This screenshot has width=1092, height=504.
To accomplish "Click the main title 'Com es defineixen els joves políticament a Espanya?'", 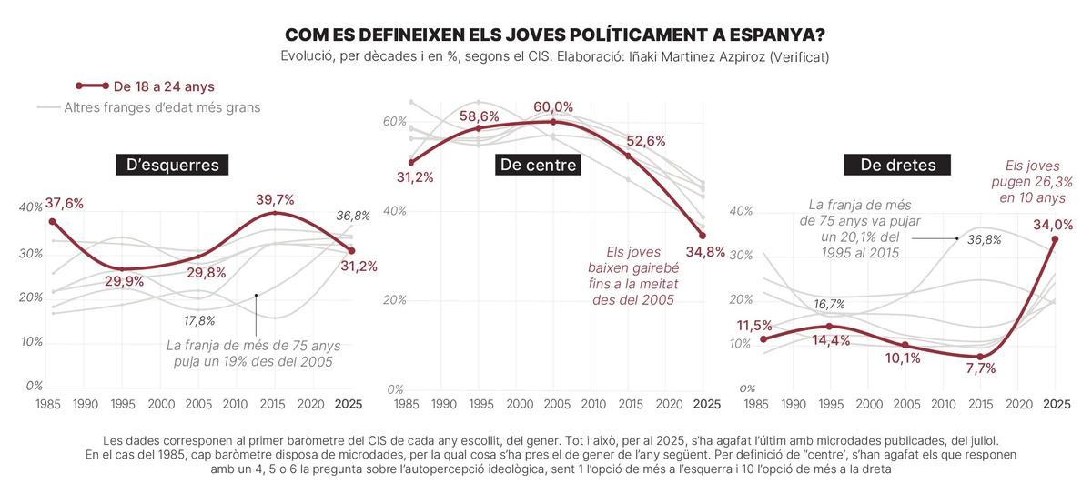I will (554, 35).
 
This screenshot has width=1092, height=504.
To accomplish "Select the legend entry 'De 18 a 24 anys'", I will (164, 86).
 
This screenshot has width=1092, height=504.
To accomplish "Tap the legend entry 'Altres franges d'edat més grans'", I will (162, 107).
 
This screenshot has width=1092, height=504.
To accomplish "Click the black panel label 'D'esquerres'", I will (172, 165).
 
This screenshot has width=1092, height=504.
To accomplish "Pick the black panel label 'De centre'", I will (538, 165).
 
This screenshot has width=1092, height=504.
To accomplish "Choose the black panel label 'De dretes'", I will (897, 165).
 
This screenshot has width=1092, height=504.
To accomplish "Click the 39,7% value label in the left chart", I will (275, 199).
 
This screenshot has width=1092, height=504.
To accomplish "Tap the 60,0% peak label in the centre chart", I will (553, 107).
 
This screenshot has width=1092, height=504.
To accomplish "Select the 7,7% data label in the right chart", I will (980, 368).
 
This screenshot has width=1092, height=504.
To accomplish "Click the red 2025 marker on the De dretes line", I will (1056, 239).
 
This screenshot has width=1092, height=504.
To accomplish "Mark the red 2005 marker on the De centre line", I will (553, 121).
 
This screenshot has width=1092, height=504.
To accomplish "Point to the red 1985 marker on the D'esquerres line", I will (52, 221).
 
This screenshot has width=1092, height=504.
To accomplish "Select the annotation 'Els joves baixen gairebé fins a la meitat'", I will (632, 276).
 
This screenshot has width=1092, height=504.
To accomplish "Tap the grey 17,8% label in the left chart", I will (199, 320).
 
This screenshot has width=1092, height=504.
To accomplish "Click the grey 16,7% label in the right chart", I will (829, 304).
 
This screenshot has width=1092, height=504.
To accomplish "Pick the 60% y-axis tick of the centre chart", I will (393, 121).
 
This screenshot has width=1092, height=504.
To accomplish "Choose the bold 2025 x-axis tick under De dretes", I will (1056, 404).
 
